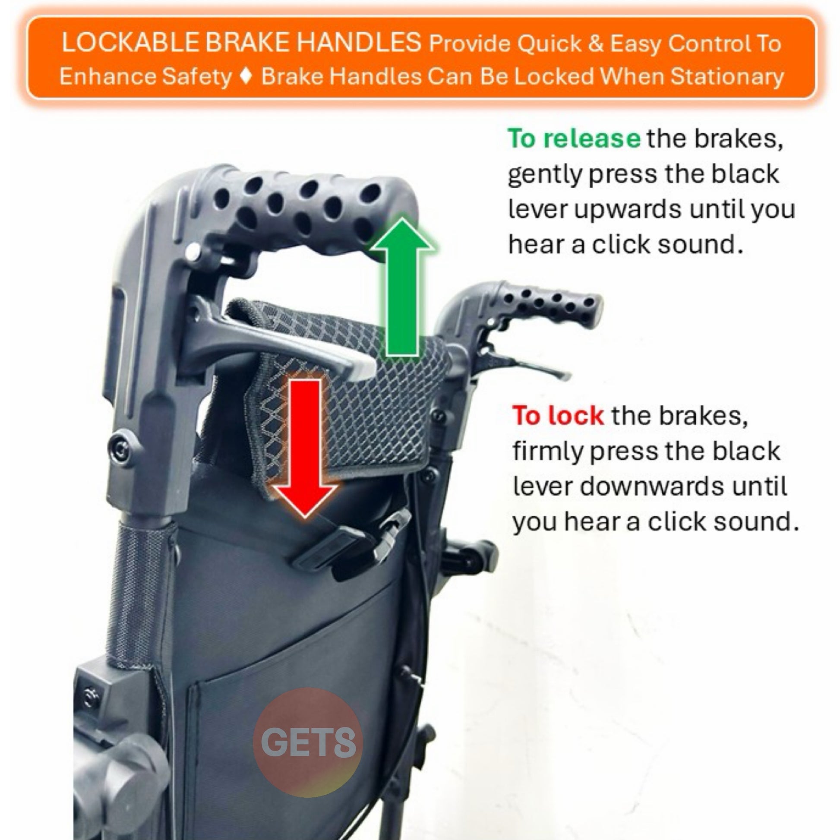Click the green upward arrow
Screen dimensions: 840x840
[403, 287]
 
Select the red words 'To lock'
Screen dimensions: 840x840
[558, 416]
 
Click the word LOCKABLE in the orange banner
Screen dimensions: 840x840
[130, 43]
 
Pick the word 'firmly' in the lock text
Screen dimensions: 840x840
[548, 452]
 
